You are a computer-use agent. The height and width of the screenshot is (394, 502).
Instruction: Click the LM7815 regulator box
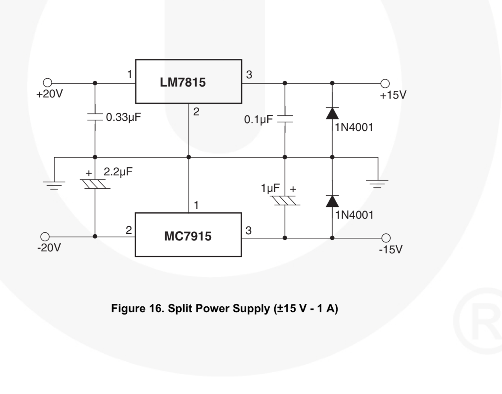pyautogui.click(x=188, y=81)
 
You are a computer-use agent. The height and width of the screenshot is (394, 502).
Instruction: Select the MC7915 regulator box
pyautogui.click(x=188, y=235)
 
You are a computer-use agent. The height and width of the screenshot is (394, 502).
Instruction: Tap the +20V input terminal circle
pyautogui.click(x=47, y=83)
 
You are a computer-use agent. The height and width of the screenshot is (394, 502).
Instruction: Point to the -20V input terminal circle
pyautogui.click(x=45, y=237)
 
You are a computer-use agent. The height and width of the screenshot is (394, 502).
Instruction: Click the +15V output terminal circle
pyautogui.click(x=385, y=83)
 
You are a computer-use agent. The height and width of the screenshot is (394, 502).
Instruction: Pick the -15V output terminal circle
pyautogui.click(x=386, y=238)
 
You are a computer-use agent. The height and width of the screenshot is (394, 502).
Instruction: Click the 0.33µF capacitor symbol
pyautogui.click(x=95, y=117)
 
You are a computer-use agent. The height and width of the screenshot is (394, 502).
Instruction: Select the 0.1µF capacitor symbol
pyautogui.click(x=285, y=119)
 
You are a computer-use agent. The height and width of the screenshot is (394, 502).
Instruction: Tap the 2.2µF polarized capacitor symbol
pyautogui.click(x=95, y=184)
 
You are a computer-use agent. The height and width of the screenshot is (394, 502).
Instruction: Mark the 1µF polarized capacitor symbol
pyautogui.click(x=285, y=201)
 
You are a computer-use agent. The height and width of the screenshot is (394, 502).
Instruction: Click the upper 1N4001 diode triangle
pyautogui.click(x=332, y=113)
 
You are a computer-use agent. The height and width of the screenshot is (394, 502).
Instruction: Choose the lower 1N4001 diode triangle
pyautogui.click(x=332, y=201)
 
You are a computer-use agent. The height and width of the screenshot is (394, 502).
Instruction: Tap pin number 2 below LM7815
pyautogui.click(x=196, y=112)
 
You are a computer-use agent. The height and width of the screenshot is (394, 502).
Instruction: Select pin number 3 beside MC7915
pyautogui.click(x=249, y=231)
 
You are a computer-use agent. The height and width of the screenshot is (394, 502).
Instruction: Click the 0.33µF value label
pyautogui.click(x=123, y=117)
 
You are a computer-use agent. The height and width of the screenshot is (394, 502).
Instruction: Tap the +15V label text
pyautogui.click(x=393, y=95)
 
